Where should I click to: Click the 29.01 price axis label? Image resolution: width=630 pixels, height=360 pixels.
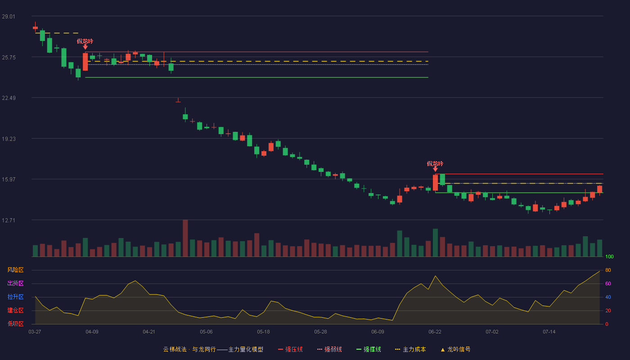(9, 17)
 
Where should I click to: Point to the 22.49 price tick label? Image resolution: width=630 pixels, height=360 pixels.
(9, 98)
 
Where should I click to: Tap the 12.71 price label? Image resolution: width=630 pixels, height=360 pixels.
(9, 220)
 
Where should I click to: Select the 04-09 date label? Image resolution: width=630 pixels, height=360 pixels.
(92, 332)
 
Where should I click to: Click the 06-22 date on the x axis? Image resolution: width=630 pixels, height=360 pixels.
(435, 332)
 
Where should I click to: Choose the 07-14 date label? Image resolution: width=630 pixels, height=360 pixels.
(549, 332)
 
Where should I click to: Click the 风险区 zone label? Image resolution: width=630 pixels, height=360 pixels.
(15, 270)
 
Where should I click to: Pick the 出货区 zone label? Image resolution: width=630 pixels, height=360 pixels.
(15, 283)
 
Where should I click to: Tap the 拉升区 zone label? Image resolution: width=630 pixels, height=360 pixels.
(15, 297)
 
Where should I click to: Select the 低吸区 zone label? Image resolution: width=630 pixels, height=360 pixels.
(15, 324)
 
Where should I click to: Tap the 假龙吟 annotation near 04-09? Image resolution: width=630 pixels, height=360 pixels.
(85, 41)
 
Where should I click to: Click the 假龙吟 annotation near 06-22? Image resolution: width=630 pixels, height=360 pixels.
(435, 164)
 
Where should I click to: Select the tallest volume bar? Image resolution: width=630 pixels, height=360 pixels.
(185, 238)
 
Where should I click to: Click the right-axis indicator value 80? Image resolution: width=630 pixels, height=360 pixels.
(608, 270)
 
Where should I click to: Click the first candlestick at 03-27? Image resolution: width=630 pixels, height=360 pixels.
(35, 27)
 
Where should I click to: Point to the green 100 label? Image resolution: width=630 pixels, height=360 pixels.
(609, 256)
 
